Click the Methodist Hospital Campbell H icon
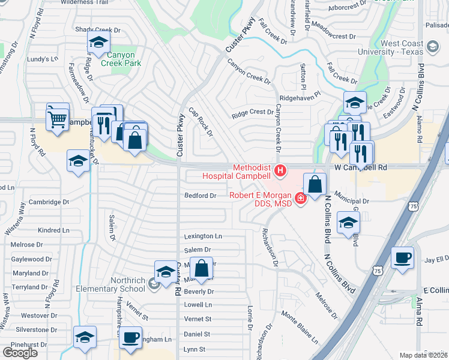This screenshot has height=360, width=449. click(x=280, y=172)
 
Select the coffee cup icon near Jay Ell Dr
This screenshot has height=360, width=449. click(x=402, y=257)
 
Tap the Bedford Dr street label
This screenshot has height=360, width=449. click(x=200, y=196)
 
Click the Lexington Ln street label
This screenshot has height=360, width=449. click(x=203, y=236)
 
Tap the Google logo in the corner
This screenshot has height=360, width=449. click(x=20, y=353)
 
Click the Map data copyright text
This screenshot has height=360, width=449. click(x=423, y=355)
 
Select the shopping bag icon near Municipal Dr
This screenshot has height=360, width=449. click(x=315, y=184)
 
